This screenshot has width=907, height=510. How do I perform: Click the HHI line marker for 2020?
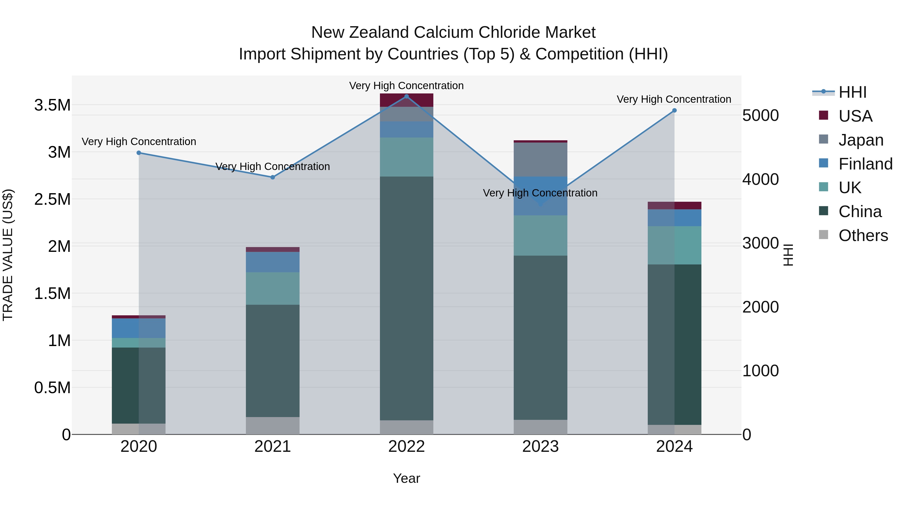(x=139, y=153)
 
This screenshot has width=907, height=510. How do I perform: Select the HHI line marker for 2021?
(x=273, y=177)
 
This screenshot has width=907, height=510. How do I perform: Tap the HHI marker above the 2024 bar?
(x=674, y=111)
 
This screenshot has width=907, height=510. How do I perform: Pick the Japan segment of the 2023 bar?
(x=540, y=159)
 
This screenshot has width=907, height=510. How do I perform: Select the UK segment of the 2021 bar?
(x=273, y=288)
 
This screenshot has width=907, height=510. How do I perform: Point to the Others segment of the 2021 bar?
(x=273, y=426)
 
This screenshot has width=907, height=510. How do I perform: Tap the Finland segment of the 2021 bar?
(x=273, y=262)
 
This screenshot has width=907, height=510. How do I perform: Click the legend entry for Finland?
(x=865, y=164)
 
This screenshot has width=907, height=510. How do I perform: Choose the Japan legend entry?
(x=861, y=140)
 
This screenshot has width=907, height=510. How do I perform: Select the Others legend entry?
(x=863, y=235)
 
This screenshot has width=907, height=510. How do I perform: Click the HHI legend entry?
(x=852, y=92)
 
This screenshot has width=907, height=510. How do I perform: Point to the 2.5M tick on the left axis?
(x=52, y=199)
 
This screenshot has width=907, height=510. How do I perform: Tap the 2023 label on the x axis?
(x=540, y=447)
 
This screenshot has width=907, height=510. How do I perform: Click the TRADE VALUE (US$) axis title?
(x=8, y=255)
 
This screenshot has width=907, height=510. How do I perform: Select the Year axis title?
(x=406, y=478)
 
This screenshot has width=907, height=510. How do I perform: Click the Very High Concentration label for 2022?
(x=406, y=86)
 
